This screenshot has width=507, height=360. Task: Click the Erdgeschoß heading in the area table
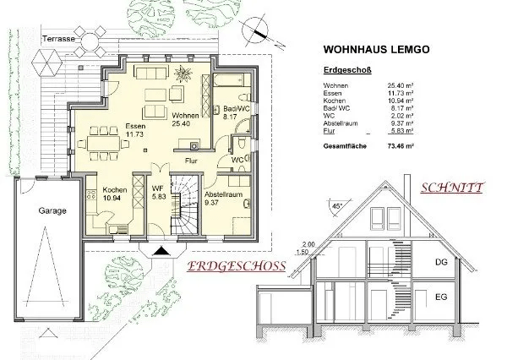pos(347,72)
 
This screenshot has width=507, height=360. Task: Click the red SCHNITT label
pos(451,188)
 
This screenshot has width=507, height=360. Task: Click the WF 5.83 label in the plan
pos(157,194)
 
